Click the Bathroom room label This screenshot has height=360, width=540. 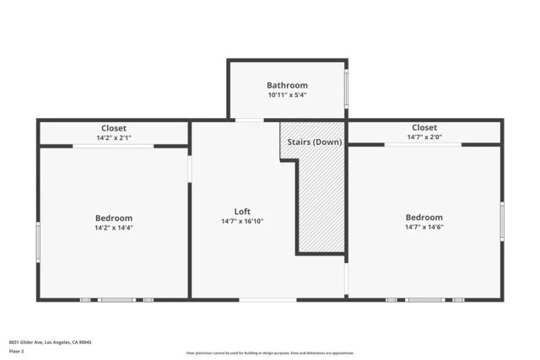(x=287, y=85)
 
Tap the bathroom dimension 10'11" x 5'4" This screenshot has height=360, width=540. (x=287, y=95)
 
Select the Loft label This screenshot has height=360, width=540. (x=242, y=212)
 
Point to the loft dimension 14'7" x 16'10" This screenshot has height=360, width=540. (x=242, y=222)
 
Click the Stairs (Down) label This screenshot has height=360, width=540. (x=315, y=142)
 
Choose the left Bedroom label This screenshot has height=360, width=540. (x=114, y=218)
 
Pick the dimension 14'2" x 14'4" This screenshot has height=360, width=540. (x=114, y=228)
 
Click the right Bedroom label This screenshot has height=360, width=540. (x=424, y=217)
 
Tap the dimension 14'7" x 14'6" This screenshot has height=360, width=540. (x=424, y=227)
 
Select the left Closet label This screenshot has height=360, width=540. (x=114, y=128)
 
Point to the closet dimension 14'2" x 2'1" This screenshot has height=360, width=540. (x=114, y=137)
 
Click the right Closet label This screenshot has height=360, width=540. (x=424, y=128)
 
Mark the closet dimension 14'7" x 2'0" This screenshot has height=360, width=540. (x=424, y=137)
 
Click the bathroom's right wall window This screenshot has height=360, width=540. (x=346, y=89)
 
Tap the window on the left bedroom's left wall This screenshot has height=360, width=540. (x=38, y=240)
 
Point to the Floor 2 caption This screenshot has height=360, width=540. (x=16, y=351)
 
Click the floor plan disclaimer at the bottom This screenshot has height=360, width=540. (x=270, y=353)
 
